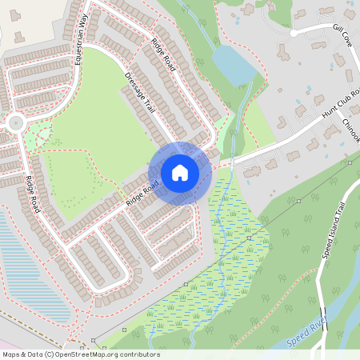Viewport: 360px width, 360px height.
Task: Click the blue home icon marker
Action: [x=180, y=173]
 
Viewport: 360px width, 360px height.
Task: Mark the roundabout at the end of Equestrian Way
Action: [x=14, y=123]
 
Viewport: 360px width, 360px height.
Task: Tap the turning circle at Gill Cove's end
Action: [x=294, y=34]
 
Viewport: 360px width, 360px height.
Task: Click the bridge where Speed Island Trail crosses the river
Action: [x=322, y=314]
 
